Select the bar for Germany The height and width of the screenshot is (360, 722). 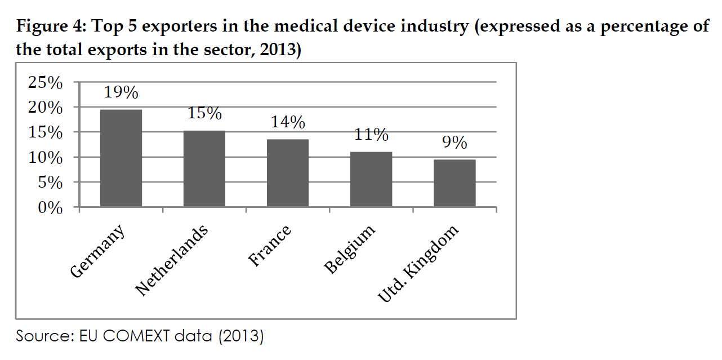(121, 158)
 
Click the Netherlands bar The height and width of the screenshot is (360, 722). (204, 169)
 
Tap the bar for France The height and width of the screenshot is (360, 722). (288, 173)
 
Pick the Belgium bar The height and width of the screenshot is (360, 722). (371, 179)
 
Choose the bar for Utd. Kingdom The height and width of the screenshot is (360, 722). (454, 183)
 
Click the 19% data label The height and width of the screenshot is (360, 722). (121, 92)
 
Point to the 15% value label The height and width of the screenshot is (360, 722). (204, 113)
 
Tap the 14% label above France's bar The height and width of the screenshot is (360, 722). (288, 122)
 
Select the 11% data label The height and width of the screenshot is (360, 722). (371, 135)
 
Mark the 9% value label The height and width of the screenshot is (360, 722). (454, 143)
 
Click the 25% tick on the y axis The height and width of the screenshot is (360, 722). (44, 83)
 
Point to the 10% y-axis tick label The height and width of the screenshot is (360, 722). (44, 158)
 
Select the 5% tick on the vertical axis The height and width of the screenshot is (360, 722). (51, 183)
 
